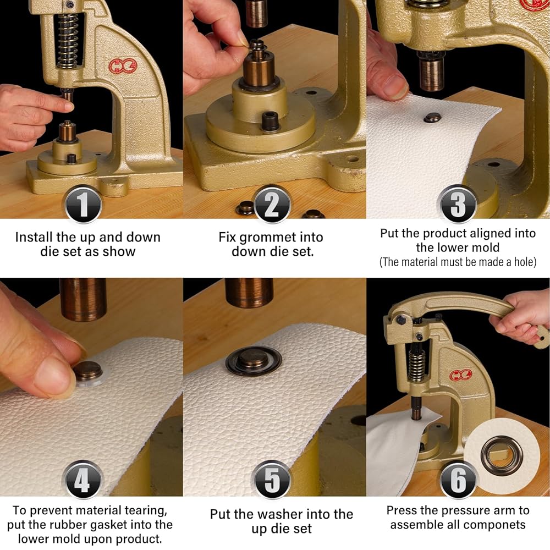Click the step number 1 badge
point(83,205)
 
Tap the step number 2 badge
point(272,205)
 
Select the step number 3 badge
point(458,205)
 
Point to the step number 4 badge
point(83,480)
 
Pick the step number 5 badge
point(272,480)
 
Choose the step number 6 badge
point(458,480)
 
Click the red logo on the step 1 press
point(123,65)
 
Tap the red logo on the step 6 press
point(461,375)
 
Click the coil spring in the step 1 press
point(67,41)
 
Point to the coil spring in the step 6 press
point(417,366)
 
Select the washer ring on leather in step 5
point(253,361)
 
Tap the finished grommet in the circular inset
point(502,457)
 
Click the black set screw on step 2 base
point(269,120)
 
